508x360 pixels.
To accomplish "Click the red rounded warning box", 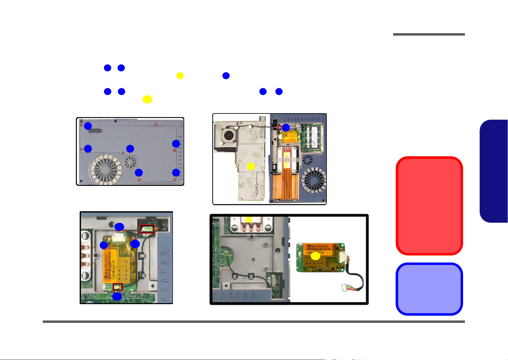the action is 429,205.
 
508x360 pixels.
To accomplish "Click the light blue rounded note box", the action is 429,289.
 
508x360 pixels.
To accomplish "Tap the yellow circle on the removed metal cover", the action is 251,166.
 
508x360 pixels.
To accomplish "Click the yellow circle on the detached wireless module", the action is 315,256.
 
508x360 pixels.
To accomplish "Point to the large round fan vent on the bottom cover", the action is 105,169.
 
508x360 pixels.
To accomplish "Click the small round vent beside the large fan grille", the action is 131,162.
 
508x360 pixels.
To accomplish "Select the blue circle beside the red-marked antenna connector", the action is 286,127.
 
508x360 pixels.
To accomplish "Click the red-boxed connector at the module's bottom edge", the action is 117,287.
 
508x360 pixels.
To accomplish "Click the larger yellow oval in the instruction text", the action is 147,99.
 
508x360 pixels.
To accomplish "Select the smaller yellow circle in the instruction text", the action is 180,76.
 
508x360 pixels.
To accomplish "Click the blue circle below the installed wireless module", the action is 117,297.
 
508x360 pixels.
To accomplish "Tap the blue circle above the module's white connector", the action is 119,227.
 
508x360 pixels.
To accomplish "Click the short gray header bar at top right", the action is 429,34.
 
